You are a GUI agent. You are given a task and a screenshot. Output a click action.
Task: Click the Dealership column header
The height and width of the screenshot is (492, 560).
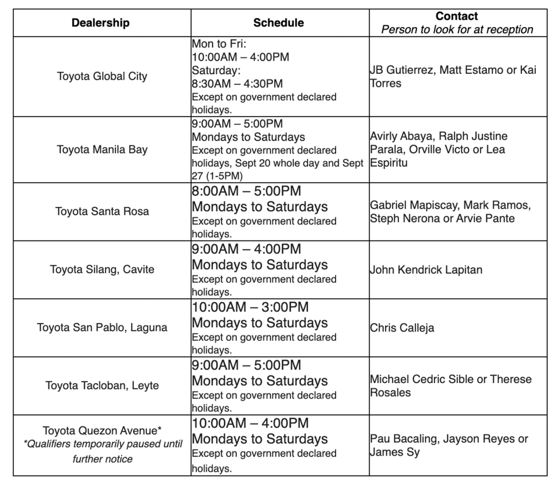(101, 23)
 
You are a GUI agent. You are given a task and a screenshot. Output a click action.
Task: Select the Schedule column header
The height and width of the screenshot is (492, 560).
(278, 23)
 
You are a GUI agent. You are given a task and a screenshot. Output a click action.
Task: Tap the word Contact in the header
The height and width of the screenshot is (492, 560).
(456, 16)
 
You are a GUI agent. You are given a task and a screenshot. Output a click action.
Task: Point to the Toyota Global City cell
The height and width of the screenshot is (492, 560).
(102, 76)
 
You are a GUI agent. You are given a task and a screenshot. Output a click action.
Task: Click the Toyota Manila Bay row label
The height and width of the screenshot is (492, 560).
(102, 150)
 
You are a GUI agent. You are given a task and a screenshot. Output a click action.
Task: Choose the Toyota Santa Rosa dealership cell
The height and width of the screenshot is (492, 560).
(102, 211)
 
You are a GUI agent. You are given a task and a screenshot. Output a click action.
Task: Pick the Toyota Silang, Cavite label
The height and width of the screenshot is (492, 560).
(102, 269)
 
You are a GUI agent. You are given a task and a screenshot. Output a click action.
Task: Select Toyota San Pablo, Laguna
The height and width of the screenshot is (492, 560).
(102, 327)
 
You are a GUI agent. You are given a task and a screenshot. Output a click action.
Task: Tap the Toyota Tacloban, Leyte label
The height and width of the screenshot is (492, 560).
(102, 386)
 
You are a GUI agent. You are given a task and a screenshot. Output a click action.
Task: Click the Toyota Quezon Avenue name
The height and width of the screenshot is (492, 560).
(102, 431)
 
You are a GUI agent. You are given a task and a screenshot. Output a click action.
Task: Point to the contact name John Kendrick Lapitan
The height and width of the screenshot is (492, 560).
(426, 270)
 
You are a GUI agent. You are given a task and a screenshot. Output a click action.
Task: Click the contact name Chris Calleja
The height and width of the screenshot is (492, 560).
(402, 328)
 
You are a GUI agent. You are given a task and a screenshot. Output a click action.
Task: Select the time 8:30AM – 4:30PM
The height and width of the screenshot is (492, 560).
(237, 84)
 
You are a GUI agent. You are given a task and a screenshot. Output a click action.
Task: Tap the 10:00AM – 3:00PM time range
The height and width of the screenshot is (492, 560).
(250, 307)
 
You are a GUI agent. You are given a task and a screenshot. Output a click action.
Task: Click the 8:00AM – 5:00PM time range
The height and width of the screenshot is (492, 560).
(246, 191)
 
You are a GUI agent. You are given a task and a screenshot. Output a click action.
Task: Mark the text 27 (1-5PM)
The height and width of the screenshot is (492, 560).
(217, 176)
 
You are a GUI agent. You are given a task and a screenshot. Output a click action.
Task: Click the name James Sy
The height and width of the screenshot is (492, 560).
(395, 452)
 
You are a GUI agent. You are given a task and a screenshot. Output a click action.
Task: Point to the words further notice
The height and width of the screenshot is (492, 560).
(102, 459)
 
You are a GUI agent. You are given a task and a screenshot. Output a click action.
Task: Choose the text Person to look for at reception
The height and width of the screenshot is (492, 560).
(457, 30)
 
